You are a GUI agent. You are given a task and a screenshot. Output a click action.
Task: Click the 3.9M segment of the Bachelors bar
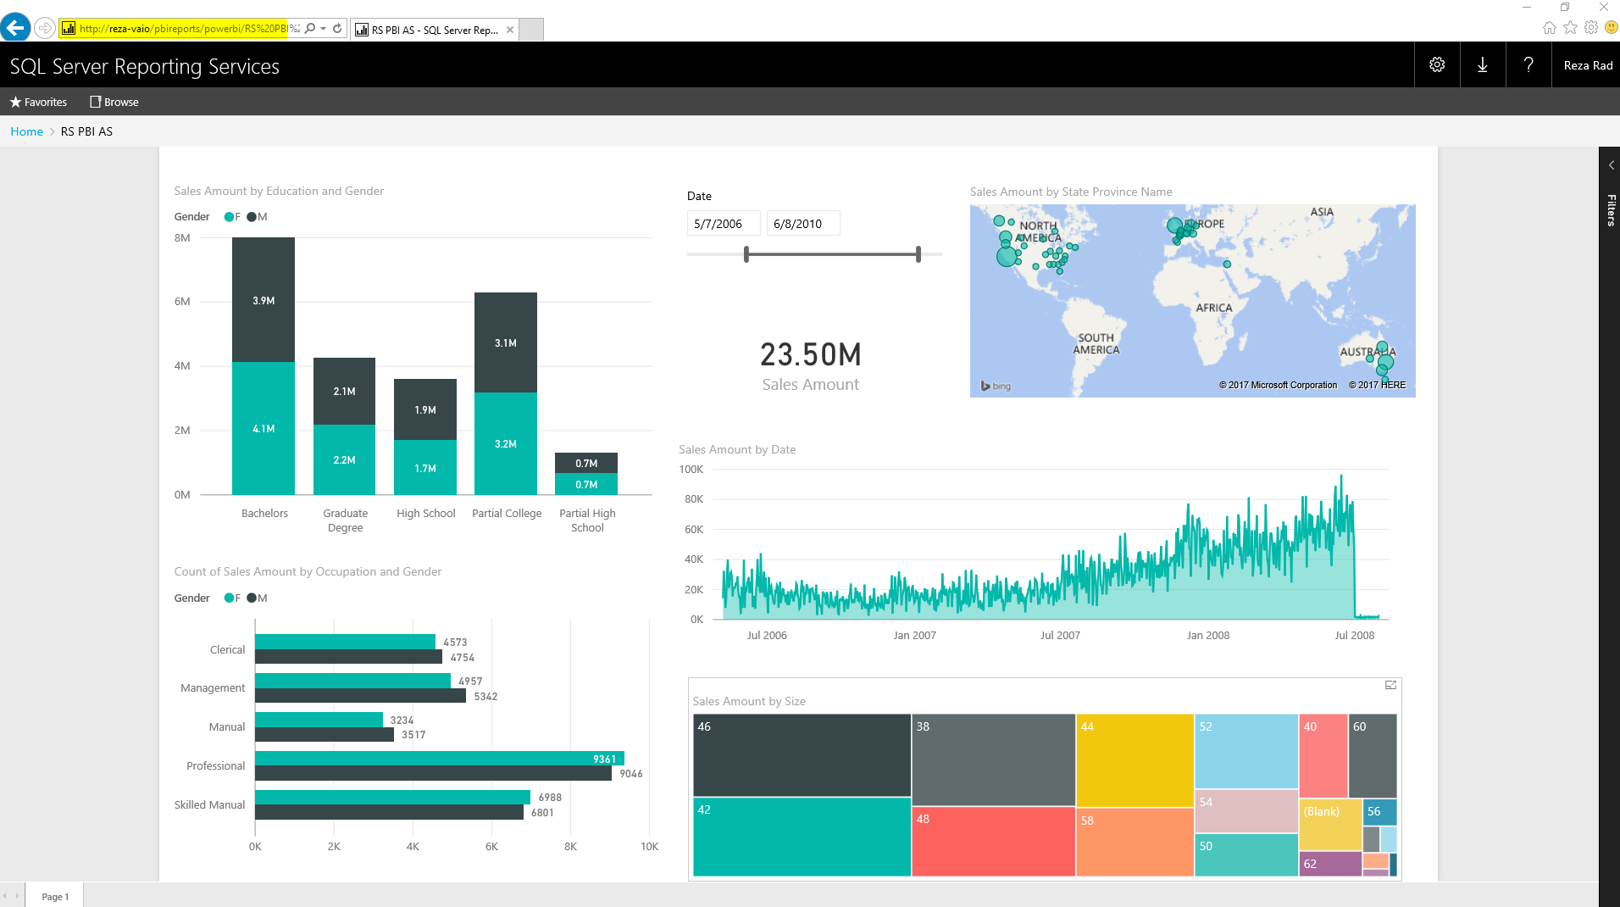(x=264, y=300)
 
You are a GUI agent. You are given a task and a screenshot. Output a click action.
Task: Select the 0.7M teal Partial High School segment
(x=586, y=485)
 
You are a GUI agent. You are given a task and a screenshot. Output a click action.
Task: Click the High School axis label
(x=425, y=514)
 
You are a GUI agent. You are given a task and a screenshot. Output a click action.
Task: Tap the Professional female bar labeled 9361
(x=439, y=759)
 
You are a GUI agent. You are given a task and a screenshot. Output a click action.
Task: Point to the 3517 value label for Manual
(x=413, y=735)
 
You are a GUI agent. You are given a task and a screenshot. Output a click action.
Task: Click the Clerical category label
(x=227, y=650)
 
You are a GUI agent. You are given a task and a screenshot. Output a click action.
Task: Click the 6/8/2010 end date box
(x=802, y=224)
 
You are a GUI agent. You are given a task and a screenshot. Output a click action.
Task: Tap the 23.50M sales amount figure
(x=810, y=355)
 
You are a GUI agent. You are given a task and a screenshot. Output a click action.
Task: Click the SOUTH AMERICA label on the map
(x=1096, y=344)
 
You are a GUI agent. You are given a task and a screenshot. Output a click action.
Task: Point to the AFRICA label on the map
(x=1213, y=309)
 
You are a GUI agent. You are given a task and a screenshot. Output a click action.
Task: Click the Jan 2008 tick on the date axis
(x=1207, y=636)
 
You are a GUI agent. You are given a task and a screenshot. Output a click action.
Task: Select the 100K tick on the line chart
(x=691, y=470)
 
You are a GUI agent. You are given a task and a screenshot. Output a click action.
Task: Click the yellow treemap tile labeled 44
(x=1134, y=760)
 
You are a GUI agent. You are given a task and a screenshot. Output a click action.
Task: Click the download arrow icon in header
(x=1482, y=65)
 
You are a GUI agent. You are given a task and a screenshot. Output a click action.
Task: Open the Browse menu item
(x=114, y=103)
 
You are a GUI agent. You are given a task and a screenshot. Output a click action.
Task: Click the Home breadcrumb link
(x=26, y=132)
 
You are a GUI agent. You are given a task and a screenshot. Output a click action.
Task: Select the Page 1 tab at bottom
(x=55, y=897)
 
